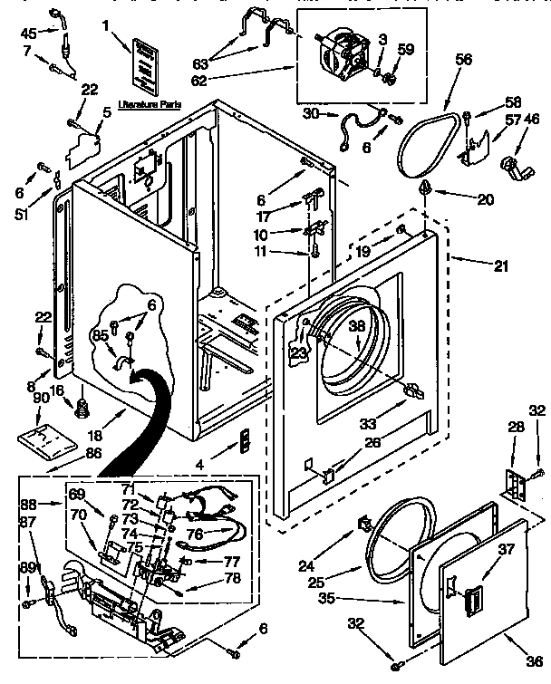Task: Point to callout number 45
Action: [29, 34]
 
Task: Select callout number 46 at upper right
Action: [531, 118]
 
